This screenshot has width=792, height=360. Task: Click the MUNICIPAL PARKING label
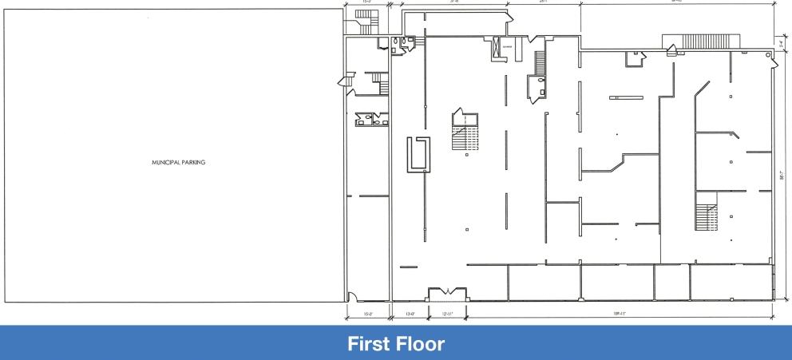pyautogui.click(x=179, y=161)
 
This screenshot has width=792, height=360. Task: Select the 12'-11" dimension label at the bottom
pyautogui.click(x=447, y=315)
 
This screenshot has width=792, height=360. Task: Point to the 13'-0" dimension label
pyautogui.click(x=410, y=315)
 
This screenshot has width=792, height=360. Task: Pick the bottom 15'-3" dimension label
pyautogui.click(x=369, y=315)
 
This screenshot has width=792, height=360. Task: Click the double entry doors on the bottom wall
pyautogui.click(x=447, y=292)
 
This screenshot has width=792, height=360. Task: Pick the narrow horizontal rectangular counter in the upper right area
pyautogui.click(x=626, y=97)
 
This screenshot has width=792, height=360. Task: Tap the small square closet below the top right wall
pyautogui.click(x=636, y=56)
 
